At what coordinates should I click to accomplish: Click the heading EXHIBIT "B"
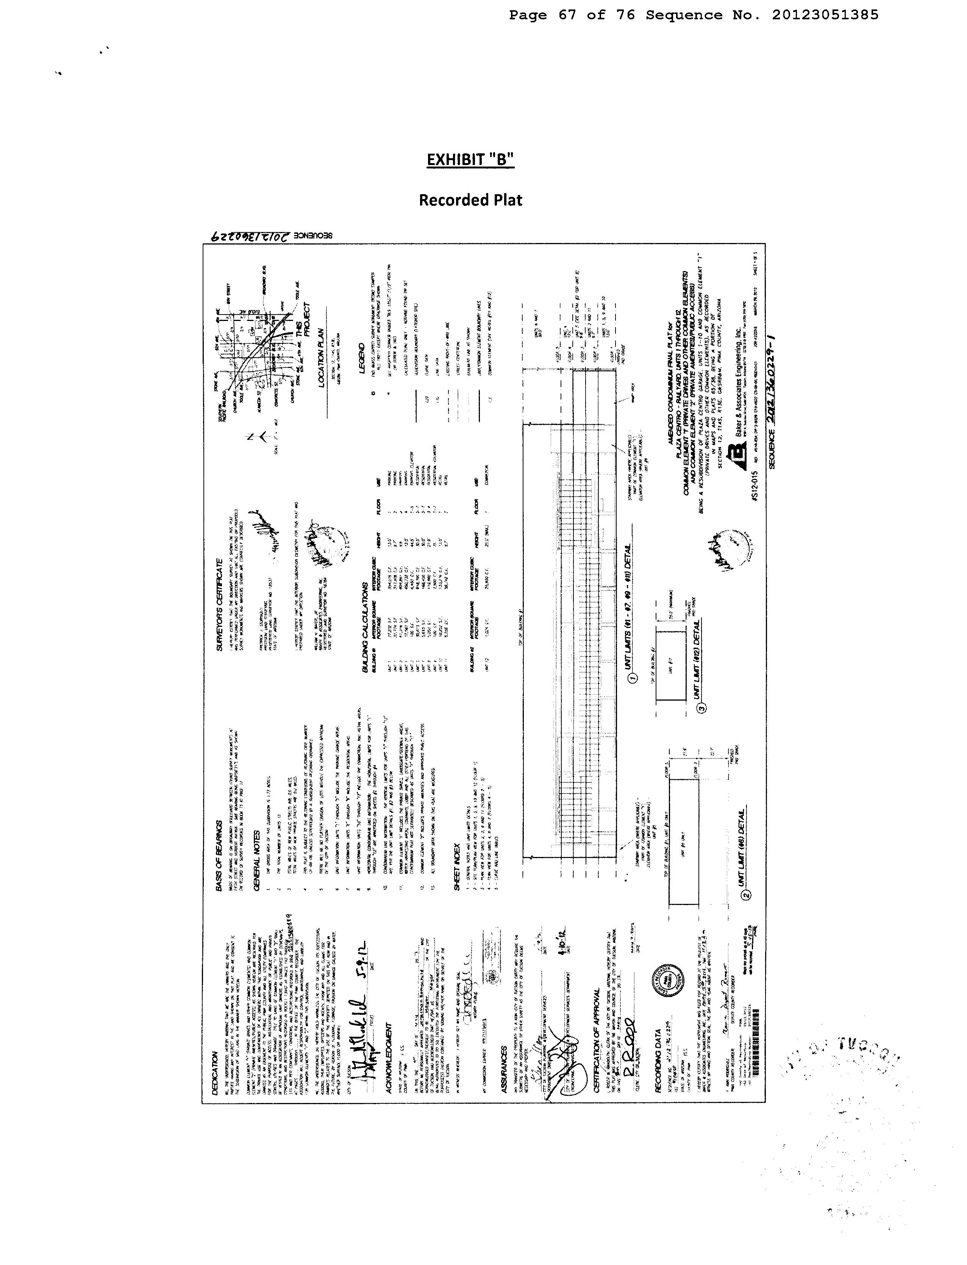[470, 159]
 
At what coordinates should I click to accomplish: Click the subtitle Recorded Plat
[470, 200]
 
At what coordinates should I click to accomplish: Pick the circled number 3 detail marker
[701, 709]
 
